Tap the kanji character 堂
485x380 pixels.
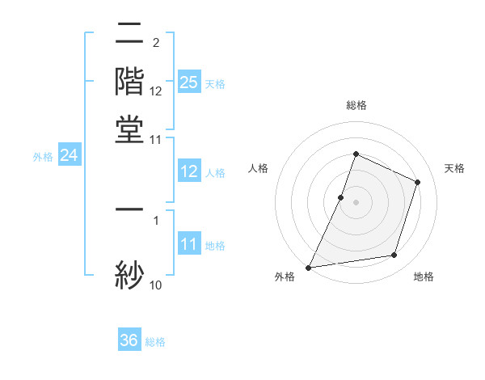pos(129,129)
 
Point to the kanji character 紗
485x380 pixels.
pos(129,273)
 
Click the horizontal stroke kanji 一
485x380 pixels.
pos(129,209)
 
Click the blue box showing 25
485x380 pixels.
pos(189,82)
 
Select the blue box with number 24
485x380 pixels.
pos(70,155)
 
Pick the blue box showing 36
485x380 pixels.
pos(129,340)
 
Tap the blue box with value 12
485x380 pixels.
pos(189,171)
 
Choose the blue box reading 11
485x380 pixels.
pos(189,244)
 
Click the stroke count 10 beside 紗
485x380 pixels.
pos(156,285)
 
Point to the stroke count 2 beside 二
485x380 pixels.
pos(155,42)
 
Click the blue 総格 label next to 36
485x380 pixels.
pos(156,342)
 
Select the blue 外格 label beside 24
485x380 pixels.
pos(43,157)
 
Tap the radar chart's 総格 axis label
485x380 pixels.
pos(356,105)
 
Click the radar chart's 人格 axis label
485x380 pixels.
pos(258,168)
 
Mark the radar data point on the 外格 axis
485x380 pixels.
pos(309,267)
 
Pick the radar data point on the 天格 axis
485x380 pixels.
pos(418,182)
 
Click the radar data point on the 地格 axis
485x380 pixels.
pos(394,255)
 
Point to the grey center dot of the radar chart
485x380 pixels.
pos(356,202)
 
